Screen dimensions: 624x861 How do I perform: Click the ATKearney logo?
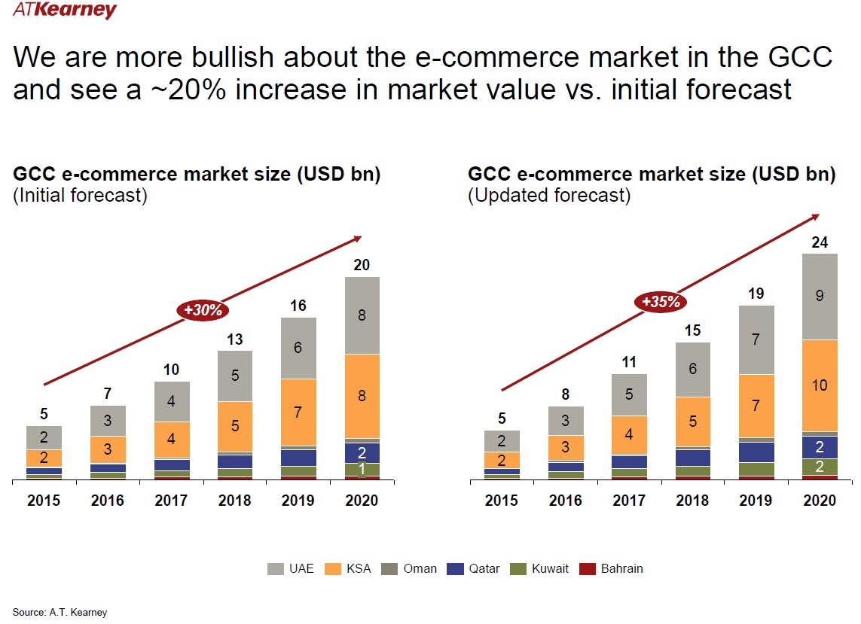(65, 11)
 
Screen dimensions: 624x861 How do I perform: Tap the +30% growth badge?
(203, 309)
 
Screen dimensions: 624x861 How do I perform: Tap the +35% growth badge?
(661, 303)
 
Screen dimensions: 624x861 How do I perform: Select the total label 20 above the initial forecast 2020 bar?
(362, 265)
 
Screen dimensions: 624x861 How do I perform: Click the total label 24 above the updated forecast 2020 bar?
(820, 242)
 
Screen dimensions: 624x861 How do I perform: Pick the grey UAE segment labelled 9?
(820, 297)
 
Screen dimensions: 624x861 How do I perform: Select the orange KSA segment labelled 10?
(820, 385)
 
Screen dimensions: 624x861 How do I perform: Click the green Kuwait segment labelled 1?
(362, 470)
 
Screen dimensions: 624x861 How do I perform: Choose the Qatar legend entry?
(475, 569)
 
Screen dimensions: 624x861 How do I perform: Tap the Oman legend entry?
(410, 569)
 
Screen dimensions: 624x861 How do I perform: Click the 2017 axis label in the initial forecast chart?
(171, 501)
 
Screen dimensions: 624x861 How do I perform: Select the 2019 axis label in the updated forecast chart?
(756, 501)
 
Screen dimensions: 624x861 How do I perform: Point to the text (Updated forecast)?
(548, 196)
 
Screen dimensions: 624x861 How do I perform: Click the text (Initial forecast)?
(80, 196)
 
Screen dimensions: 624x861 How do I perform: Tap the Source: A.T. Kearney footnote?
(60, 612)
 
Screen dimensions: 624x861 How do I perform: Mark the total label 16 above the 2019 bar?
(298, 306)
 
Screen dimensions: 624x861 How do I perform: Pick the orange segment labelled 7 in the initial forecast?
(298, 412)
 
